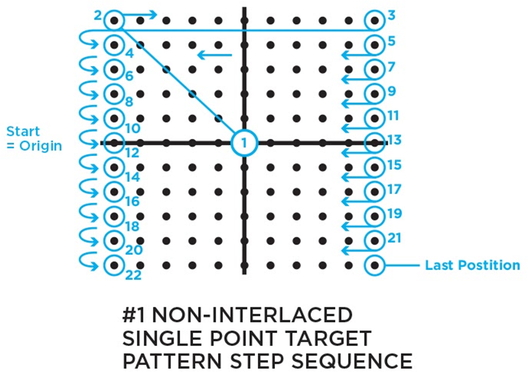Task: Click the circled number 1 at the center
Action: pos(244,143)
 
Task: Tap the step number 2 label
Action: pos(98,15)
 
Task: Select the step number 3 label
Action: pos(392,15)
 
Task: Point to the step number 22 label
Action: pos(133,275)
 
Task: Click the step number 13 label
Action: pos(394,140)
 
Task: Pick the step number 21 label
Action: pos(394,237)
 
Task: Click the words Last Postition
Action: pos(472,265)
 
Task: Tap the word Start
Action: pos(23,131)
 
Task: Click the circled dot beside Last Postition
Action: pos(374,265)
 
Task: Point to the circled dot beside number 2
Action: pos(114,21)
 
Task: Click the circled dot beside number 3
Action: pos(374,21)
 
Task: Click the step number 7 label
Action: pos(392,67)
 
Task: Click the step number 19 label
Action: pos(394,213)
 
